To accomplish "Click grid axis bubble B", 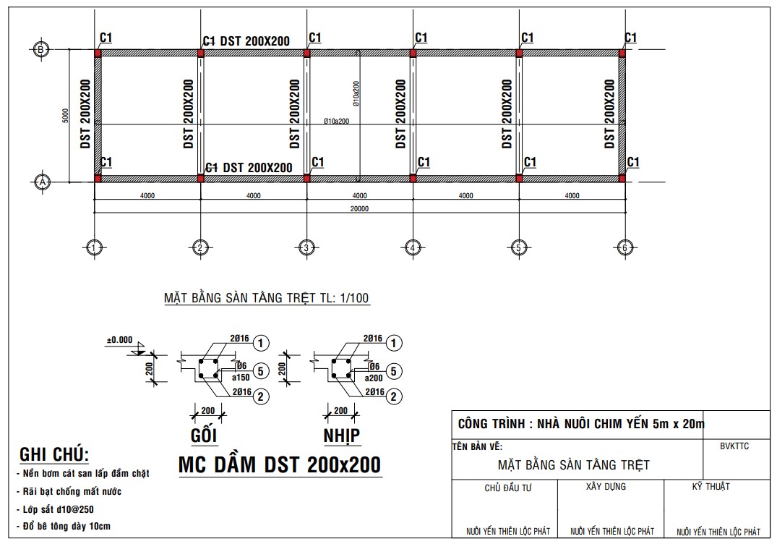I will (42, 49).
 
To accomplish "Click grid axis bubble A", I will (42, 182).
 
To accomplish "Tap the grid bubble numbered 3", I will (306, 248).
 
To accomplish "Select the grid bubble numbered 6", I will (624, 248).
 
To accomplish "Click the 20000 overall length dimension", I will (359, 208).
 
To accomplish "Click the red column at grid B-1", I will (97, 52).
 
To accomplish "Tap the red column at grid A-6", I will (622, 178).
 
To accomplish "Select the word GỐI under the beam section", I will (204, 435).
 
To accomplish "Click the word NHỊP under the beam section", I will (342, 435).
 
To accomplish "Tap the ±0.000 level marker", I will (119, 339).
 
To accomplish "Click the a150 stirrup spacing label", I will (241, 378).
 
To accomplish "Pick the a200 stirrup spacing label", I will (373, 378).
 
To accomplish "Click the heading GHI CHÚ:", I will (53, 454).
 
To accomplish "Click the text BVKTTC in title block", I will (734, 446).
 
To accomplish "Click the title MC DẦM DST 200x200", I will (280, 465).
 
